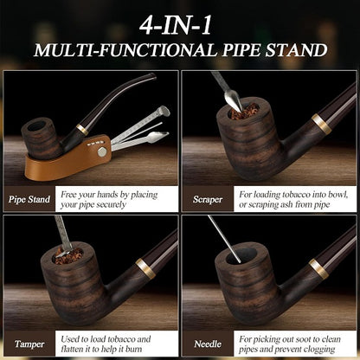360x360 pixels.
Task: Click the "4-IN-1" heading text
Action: pyautogui.click(x=176, y=25)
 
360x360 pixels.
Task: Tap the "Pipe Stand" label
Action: pyautogui.click(x=29, y=199)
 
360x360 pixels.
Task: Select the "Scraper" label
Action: pyautogui.click(x=208, y=199)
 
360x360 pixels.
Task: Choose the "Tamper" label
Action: pyautogui.click(x=29, y=344)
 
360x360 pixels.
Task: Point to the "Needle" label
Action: pyautogui.click(x=208, y=344)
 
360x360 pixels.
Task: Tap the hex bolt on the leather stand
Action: pyautogui.click(x=101, y=152)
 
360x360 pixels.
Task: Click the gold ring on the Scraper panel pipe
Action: pyautogui.click(x=321, y=124)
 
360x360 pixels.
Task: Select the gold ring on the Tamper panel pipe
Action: pyautogui.click(x=145, y=268)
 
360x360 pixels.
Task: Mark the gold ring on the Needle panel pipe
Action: pyautogui.click(x=318, y=269)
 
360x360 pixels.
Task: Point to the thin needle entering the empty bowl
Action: pyautogui.click(x=224, y=239)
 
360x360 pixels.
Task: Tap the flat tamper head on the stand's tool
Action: pyautogui.click(x=164, y=111)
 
